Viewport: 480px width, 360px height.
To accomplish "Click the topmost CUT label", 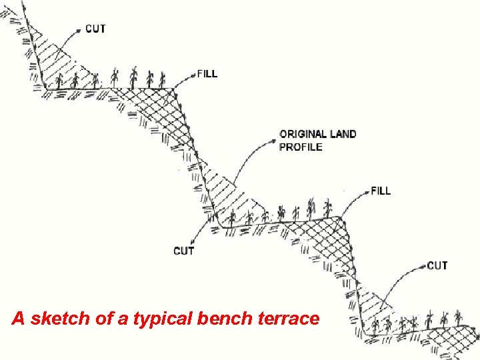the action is tap(95, 29).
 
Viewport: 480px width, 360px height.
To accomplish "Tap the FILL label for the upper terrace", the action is tap(207, 73).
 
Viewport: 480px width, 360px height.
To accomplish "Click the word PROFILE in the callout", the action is tap(301, 147).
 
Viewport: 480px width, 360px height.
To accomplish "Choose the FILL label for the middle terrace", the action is tap(381, 191).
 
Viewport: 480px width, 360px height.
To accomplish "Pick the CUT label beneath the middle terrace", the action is tap(184, 251).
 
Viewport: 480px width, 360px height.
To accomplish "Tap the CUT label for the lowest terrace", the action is tap(437, 265).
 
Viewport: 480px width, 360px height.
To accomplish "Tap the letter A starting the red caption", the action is tap(19, 319).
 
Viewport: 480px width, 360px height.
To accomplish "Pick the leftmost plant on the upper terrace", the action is tap(59, 81).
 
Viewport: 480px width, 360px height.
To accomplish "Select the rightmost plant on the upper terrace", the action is tap(162, 79).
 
